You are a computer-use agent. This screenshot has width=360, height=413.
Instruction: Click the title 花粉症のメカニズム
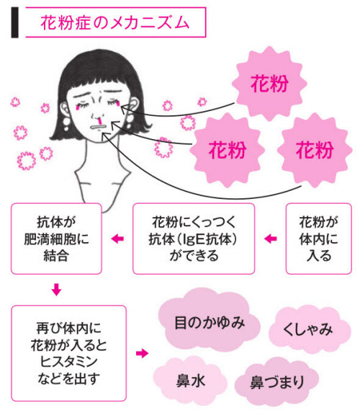click(x=115, y=22)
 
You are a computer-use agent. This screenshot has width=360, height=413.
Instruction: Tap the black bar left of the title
click(x=14, y=22)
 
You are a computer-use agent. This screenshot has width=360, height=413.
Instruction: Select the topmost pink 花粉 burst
click(x=269, y=84)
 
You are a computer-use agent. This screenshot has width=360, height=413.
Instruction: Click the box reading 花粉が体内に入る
click(x=318, y=239)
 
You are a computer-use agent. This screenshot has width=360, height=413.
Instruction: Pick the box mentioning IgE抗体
click(x=194, y=239)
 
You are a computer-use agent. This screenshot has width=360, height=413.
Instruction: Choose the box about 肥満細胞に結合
click(x=56, y=239)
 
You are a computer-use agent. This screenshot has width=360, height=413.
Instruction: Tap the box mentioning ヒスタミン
click(x=68, y=353)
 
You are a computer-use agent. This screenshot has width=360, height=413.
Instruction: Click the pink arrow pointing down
click(x=56, y=290)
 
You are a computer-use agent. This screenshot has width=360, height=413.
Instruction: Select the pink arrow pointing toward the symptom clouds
click(x=143, y=353)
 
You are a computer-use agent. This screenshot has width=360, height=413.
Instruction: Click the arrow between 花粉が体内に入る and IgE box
click(x=271, y=239)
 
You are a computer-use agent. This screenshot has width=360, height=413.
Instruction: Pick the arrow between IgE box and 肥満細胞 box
click(x=117, y=239)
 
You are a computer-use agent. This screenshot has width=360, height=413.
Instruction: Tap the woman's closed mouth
click(x=98, y=127)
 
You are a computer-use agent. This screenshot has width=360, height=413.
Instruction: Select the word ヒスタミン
click(x=68, y=362)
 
